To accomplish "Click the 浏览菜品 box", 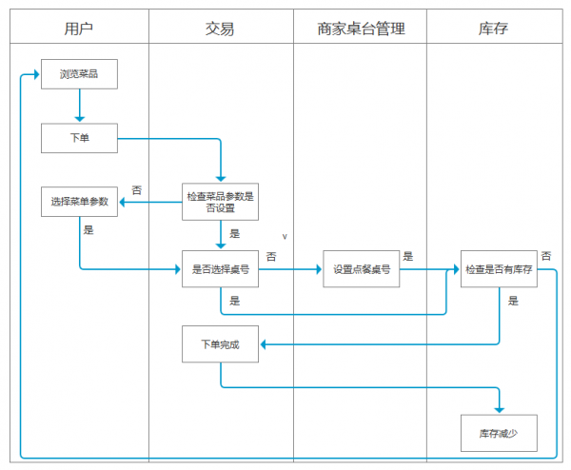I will tap(79, 74).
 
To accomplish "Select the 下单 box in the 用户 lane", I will tap(79, 138).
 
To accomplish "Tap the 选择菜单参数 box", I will tap(79, 202).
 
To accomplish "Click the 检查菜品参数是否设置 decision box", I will tap(220, 202).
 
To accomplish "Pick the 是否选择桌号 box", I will tap(220, 269).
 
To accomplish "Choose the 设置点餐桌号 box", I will tap(361, 269).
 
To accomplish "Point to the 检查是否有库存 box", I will tap(499, 269).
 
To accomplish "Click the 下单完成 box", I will tap(220, 343).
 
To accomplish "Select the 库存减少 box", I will tap(499, 433).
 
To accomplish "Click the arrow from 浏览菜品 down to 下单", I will tap(79, 106).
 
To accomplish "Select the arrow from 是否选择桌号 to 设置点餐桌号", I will tap(290, 269).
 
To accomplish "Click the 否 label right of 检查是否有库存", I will tap(546, 255).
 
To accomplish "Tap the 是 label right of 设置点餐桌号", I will tap(407, 256).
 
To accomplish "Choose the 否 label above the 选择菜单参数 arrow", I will tap(136, 190).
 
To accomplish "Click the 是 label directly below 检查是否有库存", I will tap(513, 301).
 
